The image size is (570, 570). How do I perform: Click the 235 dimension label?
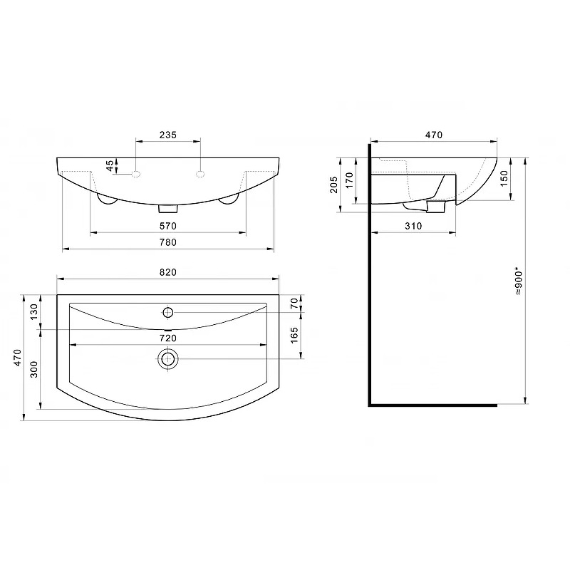point(168,135)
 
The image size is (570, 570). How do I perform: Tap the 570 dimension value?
point(168,226)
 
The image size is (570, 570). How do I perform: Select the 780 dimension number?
point(168,242)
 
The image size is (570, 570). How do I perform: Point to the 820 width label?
point(168,272)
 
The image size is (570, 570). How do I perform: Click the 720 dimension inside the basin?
point(168,338)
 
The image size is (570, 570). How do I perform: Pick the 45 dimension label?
point(110,166)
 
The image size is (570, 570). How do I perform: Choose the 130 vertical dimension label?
point(33,312)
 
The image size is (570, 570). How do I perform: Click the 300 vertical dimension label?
point(33,369)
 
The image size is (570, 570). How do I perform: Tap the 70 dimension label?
point(294,304)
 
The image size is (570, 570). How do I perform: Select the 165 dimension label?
point(294,335)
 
